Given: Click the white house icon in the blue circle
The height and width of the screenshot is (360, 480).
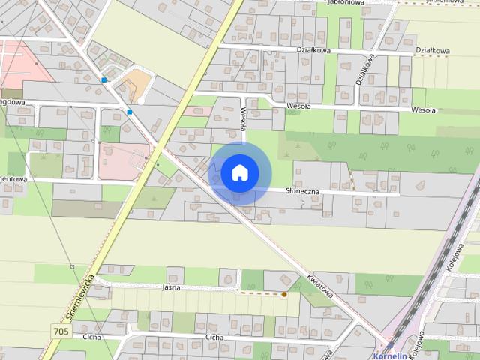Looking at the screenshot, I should point(238,172).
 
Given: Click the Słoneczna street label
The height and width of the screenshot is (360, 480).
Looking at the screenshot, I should point(303,191).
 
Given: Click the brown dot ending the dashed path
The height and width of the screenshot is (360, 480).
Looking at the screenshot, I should point(284,294).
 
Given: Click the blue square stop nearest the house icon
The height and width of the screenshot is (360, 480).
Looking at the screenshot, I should point(130,112).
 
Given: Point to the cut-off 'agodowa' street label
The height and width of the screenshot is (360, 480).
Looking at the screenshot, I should point(13,103).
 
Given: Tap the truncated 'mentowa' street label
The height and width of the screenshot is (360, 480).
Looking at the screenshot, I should point(13,180).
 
